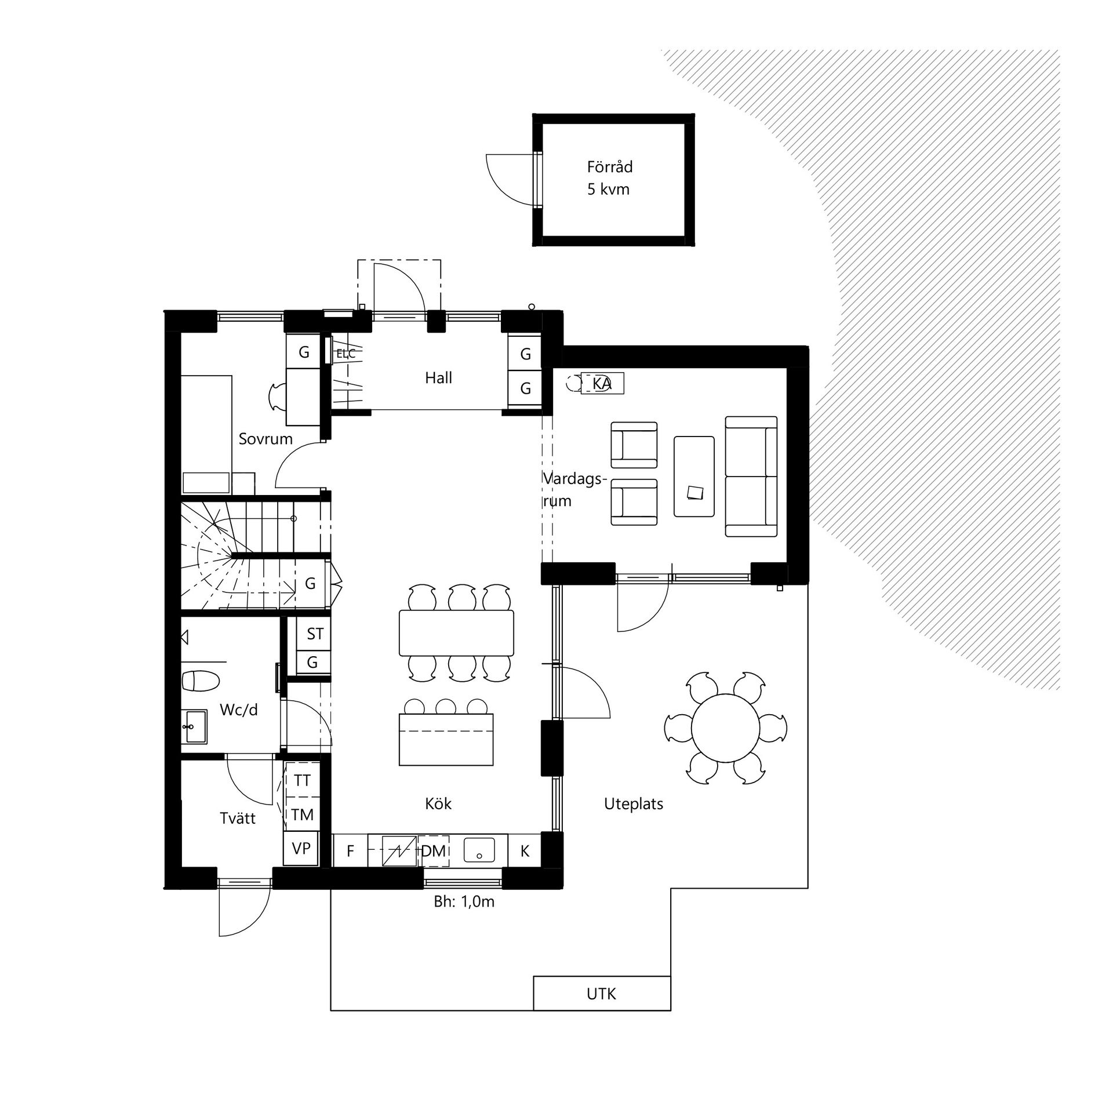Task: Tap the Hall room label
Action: pyautogui.click(x=438, y=378)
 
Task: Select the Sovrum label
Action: pyautogui.click(x=265, y=439)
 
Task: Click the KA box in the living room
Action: pyautogui.click(x=602, y=383)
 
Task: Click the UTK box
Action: pyautogui.click(x=602, y=994)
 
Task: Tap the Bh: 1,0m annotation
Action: pyautogui.click(x=464, y=902)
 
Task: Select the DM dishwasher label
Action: pyautogui.click(x=433, y=851)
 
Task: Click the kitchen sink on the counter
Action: pyautogui.click(x=479, y=850)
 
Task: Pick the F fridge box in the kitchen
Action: pyautogui.click(x=350, y=850)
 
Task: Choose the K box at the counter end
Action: pyautogui.click(x=525, y=850)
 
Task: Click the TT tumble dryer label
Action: pyautogui.click(x=302, y=780)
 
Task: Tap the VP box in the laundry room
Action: pyautogui.click(x=301, y=849)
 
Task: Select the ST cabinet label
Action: pyautogui.click(x=315, y=634)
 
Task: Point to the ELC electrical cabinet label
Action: pyautogui.click(x=346, y=354)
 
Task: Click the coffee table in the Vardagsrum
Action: pyautogui.click(x=694, y=477)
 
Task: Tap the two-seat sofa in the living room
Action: pyautogui.click(x=751, y=477)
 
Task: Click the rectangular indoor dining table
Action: pyautogui.click(x=456, y=632)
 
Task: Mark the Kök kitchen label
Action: pyautogui.click(x=438, y=803)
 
